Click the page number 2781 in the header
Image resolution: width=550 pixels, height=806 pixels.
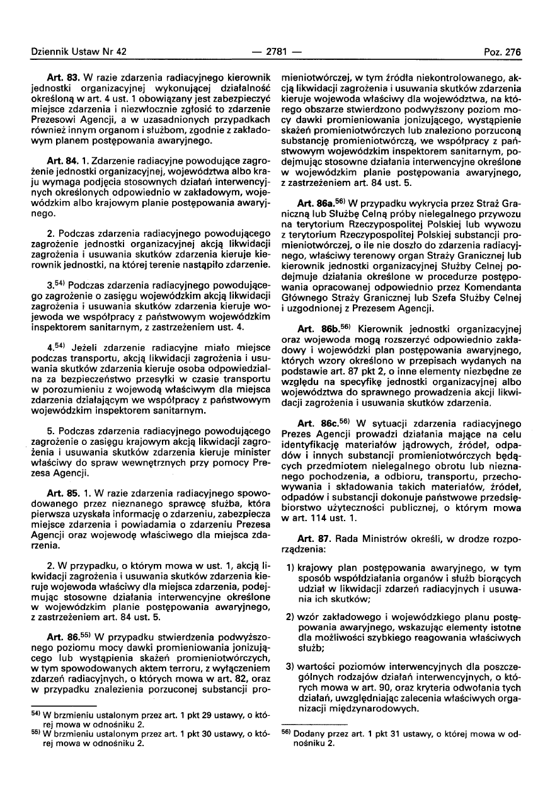(275, 53)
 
